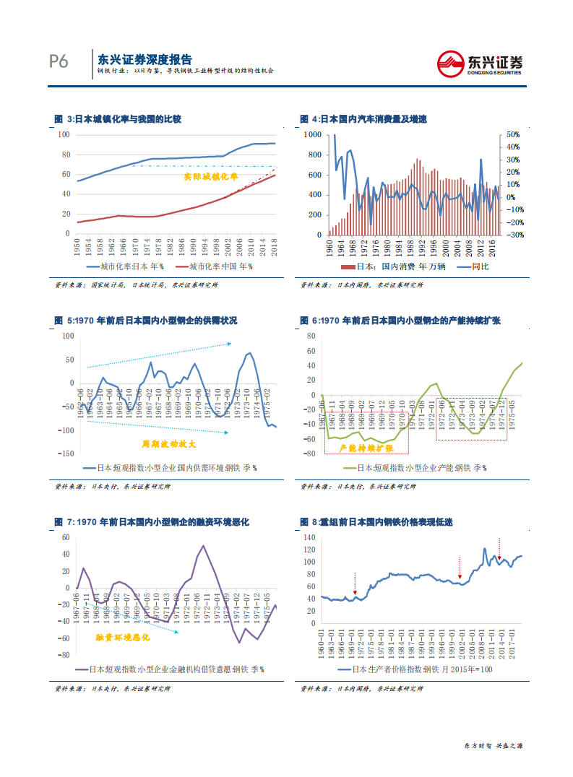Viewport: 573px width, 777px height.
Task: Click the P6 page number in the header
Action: (59, 62)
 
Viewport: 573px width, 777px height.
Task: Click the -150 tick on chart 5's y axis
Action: (66, 453)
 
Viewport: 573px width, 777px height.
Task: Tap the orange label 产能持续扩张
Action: (365, 448)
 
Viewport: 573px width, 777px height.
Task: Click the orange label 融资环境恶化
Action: (123, 638)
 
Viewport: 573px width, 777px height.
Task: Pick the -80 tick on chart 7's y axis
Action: (64, 655)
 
